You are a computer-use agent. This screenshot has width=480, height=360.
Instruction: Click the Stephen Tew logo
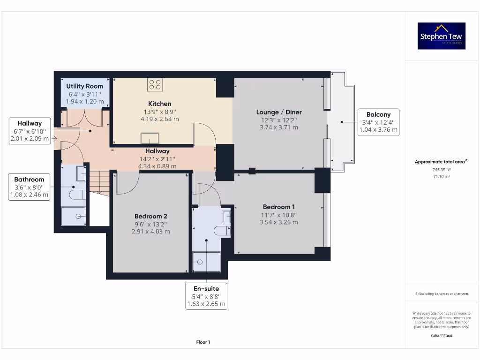pyautogui.click(x=441, y=36)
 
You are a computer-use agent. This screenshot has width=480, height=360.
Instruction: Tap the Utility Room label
pyautogui.click(x=84, y=86)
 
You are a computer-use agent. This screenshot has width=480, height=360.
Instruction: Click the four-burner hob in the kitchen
pyautogui.click(x=155, y=85)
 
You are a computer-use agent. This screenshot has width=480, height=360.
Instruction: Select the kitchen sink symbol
pyautogui.click(x=150, y=138)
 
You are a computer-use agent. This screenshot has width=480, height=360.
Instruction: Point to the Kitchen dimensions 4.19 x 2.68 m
pyautogui.click(x=160, y=119)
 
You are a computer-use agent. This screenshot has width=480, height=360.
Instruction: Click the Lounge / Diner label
pyautogui.click(x=279, y=112)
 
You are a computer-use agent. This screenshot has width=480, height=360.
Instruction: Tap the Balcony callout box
pyautogui.click(x=378, y=122)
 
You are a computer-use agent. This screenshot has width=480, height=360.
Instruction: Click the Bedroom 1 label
pyautogui.click(x=279, y=207)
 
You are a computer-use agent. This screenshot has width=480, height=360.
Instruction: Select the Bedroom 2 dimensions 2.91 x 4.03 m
pyautogui.click(x=151, y=232)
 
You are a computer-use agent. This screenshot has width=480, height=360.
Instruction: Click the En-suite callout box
pyautogui.click(x=206, y=296)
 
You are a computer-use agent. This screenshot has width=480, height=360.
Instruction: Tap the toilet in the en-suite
pyautogui.click(x=221, y=230)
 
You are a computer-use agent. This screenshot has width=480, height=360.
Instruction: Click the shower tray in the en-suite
pyautogui.click(x=207, y=262)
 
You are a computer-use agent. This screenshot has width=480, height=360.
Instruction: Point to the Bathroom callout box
pyautogui.click(x=30, y=187)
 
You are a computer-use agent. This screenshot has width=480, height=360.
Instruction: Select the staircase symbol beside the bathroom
pyautogui.click(x=99, y=183)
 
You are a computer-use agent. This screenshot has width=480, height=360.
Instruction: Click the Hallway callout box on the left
pyautogui.click(x=30, y=131)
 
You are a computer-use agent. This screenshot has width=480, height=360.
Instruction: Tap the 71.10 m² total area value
pyautogui.click(x=441, y=177)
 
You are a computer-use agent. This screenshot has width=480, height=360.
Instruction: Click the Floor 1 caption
pyautogui.click(x=203, y=342)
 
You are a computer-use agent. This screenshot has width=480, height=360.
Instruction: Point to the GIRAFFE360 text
pyautogui.click(x=441, y=336)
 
